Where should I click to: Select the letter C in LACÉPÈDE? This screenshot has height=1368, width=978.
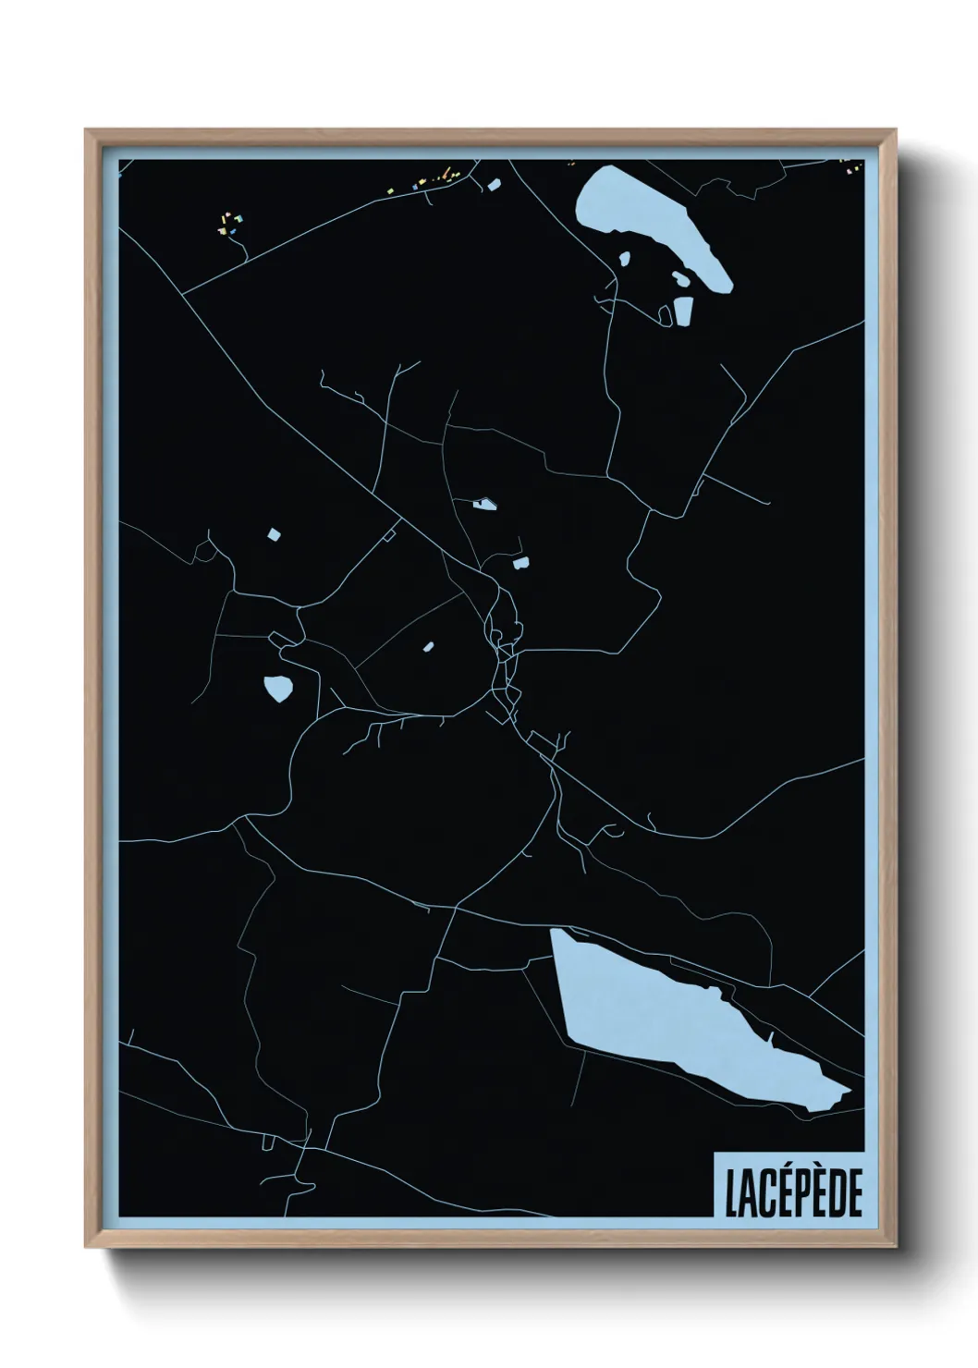click(764, 1194)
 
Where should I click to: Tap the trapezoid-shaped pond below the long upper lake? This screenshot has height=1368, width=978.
click(683, 311)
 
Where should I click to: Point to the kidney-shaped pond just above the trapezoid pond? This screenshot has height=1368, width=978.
click(680, 278)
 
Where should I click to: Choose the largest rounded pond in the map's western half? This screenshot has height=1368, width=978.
click(277, 688)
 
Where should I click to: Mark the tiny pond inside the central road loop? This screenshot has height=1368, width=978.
click(428, 647)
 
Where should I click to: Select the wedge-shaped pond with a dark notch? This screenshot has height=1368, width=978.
click(483, 505)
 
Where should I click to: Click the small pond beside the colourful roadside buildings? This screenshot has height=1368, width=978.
click(493, 185)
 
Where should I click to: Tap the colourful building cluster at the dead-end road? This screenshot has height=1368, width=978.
click(228, 222)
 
